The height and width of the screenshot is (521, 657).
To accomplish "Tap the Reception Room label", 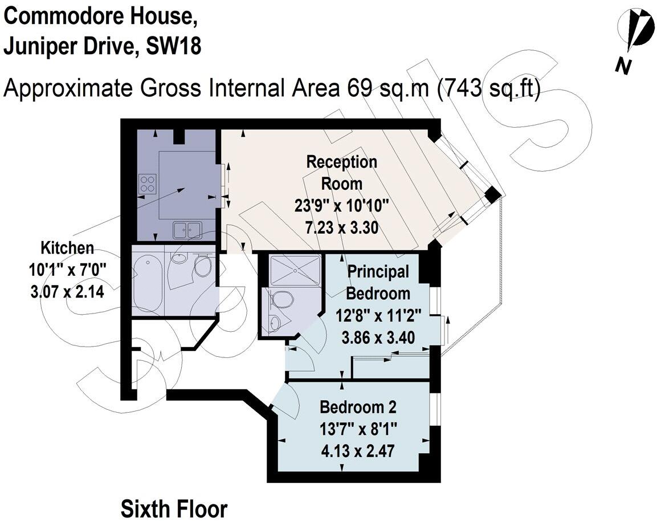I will click(341, 173).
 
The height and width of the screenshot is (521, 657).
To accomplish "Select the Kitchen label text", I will click(67, 248).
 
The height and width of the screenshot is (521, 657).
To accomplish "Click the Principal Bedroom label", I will click(378, 283).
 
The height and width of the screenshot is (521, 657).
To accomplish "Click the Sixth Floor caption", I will click(174, 508).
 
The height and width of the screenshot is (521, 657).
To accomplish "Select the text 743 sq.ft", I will click(488, 89).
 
